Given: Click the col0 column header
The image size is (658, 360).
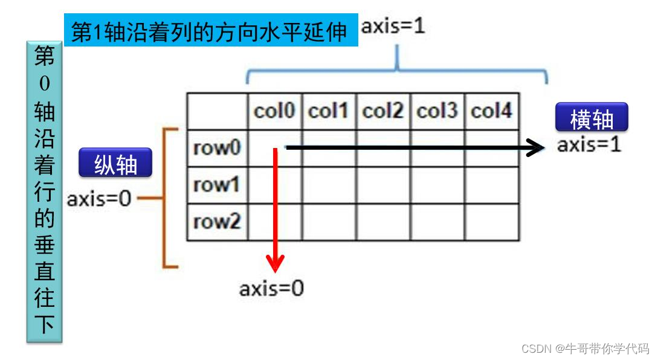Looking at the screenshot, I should [274, 111].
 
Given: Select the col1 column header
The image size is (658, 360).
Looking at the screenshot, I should [329, 111].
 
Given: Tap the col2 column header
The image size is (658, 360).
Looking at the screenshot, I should [383, 111].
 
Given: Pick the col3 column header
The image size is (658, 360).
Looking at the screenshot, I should [437, 111].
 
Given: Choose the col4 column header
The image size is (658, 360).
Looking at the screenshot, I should [492, 111].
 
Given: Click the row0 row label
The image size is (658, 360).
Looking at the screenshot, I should [217, 148].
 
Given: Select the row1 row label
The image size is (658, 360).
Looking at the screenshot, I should [217, 185].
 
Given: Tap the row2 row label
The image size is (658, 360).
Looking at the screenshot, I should [217, 222].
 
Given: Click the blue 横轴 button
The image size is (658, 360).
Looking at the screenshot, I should [592, 118].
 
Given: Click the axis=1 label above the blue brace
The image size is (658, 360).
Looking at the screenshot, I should [393, 26].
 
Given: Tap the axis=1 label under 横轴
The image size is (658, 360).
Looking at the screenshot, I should [589, 145].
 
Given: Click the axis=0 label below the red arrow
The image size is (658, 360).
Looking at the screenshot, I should [271, 289].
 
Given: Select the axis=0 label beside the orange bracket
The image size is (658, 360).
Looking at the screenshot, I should [99, 199].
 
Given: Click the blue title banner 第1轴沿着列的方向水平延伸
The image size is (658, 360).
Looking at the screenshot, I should [211, 31].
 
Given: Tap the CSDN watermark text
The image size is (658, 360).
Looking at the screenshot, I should [584, 349].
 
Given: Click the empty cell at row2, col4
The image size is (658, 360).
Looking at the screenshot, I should [492, 222].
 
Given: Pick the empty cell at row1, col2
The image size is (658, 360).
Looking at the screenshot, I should [383, 185].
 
